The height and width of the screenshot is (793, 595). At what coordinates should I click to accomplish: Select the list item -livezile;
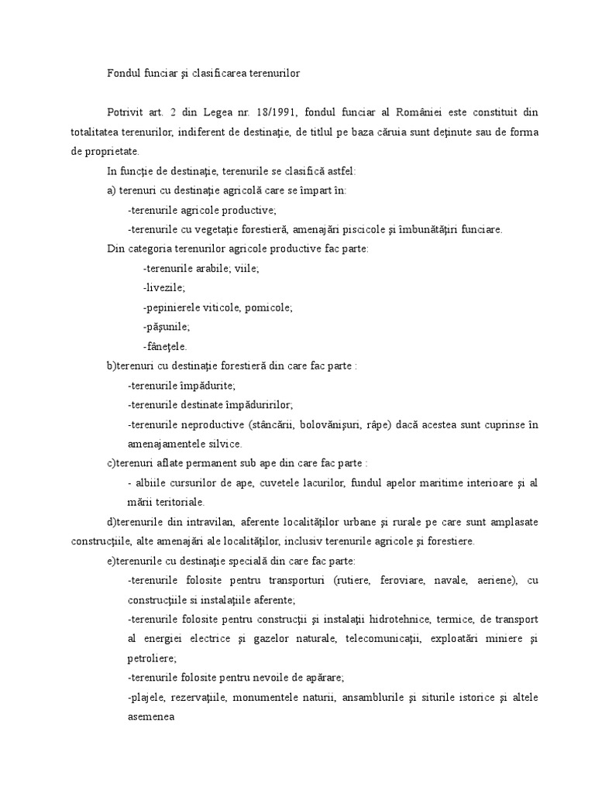click(x=164, y=288)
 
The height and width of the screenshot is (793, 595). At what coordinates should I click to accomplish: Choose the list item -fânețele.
click(x=165, y=346)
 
